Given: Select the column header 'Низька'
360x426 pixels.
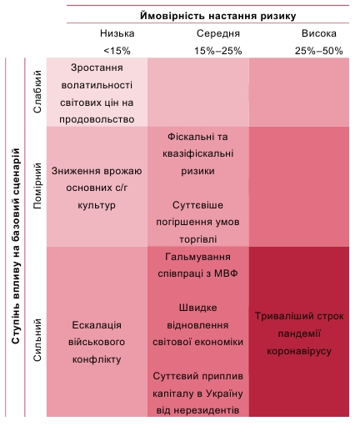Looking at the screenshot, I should tap(116, 34).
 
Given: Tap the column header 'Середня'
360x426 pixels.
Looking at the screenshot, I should tap(218, 34).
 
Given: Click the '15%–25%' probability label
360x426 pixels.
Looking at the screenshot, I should tap(217, 50).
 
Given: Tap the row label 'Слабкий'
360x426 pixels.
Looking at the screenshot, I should tap(37, 93).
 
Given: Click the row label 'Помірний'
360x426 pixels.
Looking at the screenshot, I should tap(37, 187).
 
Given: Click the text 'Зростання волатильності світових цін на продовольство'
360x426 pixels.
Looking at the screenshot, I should tap(97, 93).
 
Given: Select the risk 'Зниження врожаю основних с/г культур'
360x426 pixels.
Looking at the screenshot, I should tap(97, 188).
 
